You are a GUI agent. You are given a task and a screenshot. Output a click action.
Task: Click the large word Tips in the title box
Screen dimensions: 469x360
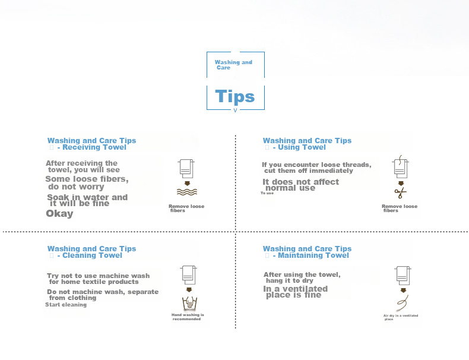235,97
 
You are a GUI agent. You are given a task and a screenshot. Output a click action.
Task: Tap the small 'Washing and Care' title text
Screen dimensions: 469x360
233,65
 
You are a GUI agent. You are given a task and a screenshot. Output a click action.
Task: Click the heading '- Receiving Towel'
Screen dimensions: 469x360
92,147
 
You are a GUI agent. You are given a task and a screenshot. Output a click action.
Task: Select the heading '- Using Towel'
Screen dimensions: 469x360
299,147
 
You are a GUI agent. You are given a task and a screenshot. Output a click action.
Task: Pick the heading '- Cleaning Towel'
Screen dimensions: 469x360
90,255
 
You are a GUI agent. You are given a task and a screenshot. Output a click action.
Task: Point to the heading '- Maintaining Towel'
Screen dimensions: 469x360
310,255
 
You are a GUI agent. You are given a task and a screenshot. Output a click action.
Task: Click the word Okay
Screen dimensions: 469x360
59,214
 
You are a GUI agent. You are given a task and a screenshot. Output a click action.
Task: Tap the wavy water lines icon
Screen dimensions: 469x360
187,192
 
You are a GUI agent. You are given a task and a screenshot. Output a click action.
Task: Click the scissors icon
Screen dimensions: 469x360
400,193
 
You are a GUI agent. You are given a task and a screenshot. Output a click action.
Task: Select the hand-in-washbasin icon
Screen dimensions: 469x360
189,303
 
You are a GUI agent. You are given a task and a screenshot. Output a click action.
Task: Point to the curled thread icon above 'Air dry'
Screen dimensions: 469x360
403,303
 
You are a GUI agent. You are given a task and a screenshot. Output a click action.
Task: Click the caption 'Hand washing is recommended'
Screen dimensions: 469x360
188,317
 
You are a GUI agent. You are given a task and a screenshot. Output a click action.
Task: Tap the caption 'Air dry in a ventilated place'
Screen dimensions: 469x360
401,317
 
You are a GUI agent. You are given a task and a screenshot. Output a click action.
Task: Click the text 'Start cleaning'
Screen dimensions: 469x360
66,305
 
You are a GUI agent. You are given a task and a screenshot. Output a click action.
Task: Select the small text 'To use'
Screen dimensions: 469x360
267,193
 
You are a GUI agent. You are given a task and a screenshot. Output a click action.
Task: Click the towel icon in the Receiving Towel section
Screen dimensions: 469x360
186,169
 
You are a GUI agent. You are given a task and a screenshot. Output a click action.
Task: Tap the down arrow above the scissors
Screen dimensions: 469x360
401,184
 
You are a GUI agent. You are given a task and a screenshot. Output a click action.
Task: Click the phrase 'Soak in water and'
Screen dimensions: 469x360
87,197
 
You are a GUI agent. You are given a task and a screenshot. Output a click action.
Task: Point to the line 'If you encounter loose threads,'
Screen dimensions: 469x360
316,165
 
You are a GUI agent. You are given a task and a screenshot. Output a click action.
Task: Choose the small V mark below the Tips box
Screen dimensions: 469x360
235,110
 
